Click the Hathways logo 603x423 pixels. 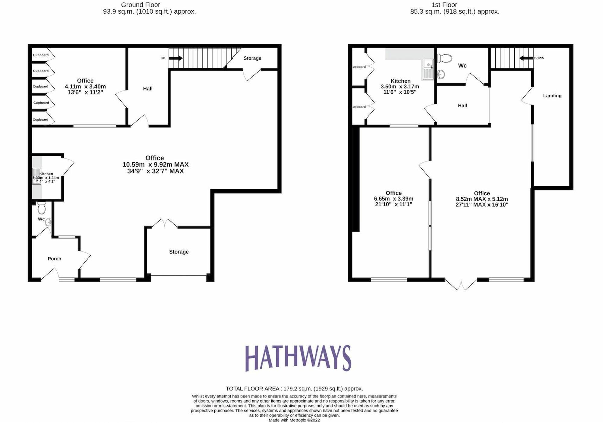[x=298, y=358]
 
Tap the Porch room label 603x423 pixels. [x=54, y=259]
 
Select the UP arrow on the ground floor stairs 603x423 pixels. [x=176, y=58]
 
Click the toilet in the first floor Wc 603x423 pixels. [x=444, y=58]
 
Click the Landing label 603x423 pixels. [x=552, y=96]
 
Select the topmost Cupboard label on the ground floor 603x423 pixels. [x=41, y=55]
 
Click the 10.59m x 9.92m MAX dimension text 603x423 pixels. [x=155, y=165]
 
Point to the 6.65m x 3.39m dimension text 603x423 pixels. [x=393, y=199]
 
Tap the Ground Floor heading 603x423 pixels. [x=140, y=5]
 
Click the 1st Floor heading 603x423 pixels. [x=444, y=5]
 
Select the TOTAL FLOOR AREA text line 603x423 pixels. [x=294, y=389]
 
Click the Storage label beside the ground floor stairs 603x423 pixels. [x=252, y=58]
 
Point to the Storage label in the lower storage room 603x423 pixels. [x=179, y=252]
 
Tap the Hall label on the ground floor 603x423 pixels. [x=148, y=89]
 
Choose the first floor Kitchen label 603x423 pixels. [x=400, y=81]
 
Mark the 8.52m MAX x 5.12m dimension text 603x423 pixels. [x=482, y=199]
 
